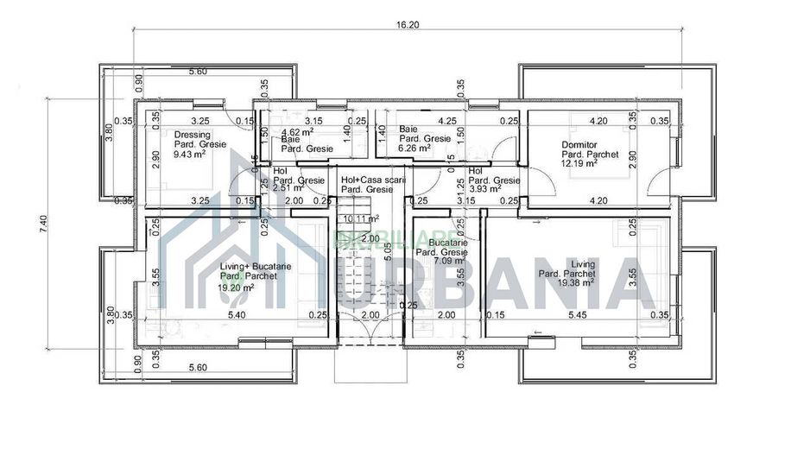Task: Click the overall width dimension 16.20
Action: pyautogui.click(x=408, y=25)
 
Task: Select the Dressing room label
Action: pyautogui.click(x=191, y=136)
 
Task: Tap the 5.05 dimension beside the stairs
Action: pyautogui.click(x=390, y=251)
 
